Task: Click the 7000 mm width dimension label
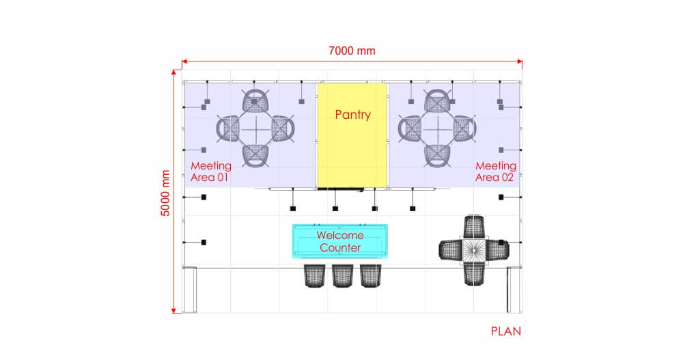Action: pyautogui.click(x=352, y=51)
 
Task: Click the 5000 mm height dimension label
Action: pyautogui.click(x=165, y=193)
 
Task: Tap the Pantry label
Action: pyautogui.click(x=352, y=115)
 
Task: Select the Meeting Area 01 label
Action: pyautogui.click(x=210, y=171)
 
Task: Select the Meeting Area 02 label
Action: pyautogui.click(x=495, y=171)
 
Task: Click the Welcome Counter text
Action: pyautogui.click(x=340, y=241)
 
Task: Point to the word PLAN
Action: pyautogui.click(x=505, y=332)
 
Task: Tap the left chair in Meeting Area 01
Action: pyautogui.click(x=229, y=128)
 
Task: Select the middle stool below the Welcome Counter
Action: pyautogui.click(x=341, y=275)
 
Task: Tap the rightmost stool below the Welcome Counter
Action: pyautogui.click(x=370, y=275)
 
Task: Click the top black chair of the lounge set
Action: pyautogui.click(x=473, y=227)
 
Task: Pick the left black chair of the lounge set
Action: pyautogui.click(x=451, y=250)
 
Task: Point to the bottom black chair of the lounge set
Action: pyautogui.click(x=473, y=273)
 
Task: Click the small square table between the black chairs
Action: pyautogui.click(x=473, y=250)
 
